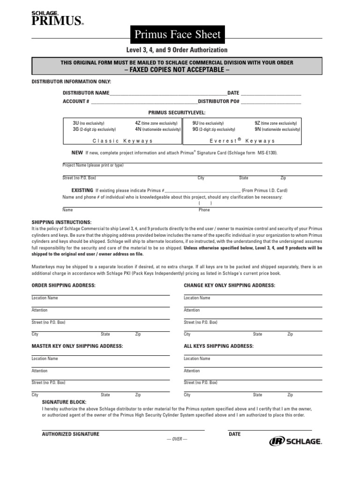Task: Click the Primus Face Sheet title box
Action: [177, 34]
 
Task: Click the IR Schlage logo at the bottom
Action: [295, 441]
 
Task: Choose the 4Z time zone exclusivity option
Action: [157, 123]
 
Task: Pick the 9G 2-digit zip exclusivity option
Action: [214, 129]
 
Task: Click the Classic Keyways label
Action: [122, 141]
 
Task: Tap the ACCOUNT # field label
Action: [76, 101]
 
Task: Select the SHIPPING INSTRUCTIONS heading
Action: [61, 222]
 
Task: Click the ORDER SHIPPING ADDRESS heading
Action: [63, 285]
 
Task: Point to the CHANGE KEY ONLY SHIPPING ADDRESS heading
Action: [229, 285]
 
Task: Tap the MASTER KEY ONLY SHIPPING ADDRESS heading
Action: [77, 346]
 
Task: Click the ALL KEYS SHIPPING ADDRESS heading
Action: [218, 346]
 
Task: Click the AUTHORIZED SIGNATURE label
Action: [70, 434]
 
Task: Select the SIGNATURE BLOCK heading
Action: [64, 402]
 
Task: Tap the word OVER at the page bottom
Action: [177, 439]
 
